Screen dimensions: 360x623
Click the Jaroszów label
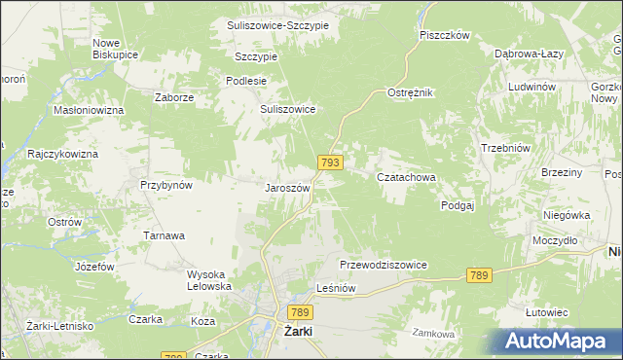click(x=287, y=187)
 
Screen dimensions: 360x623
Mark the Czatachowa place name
click(x=405, y=178)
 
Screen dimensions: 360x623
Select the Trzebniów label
click(x=504, y=148)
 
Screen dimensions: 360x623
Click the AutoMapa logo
click(x=558, y=341)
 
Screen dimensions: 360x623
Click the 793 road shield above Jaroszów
click(x=328, y=163)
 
